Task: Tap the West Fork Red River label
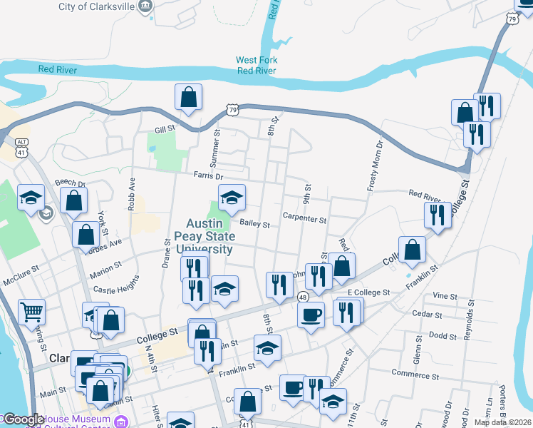pos(257,66)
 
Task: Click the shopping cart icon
pos(31,311)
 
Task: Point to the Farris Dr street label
pos(208,175)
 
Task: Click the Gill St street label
pos(165,130)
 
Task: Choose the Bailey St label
pos(255,224)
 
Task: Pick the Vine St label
pos(444,295)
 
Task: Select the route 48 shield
pos(303,296)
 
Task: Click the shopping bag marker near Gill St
pos(188,98)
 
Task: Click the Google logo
pos(23,419)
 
